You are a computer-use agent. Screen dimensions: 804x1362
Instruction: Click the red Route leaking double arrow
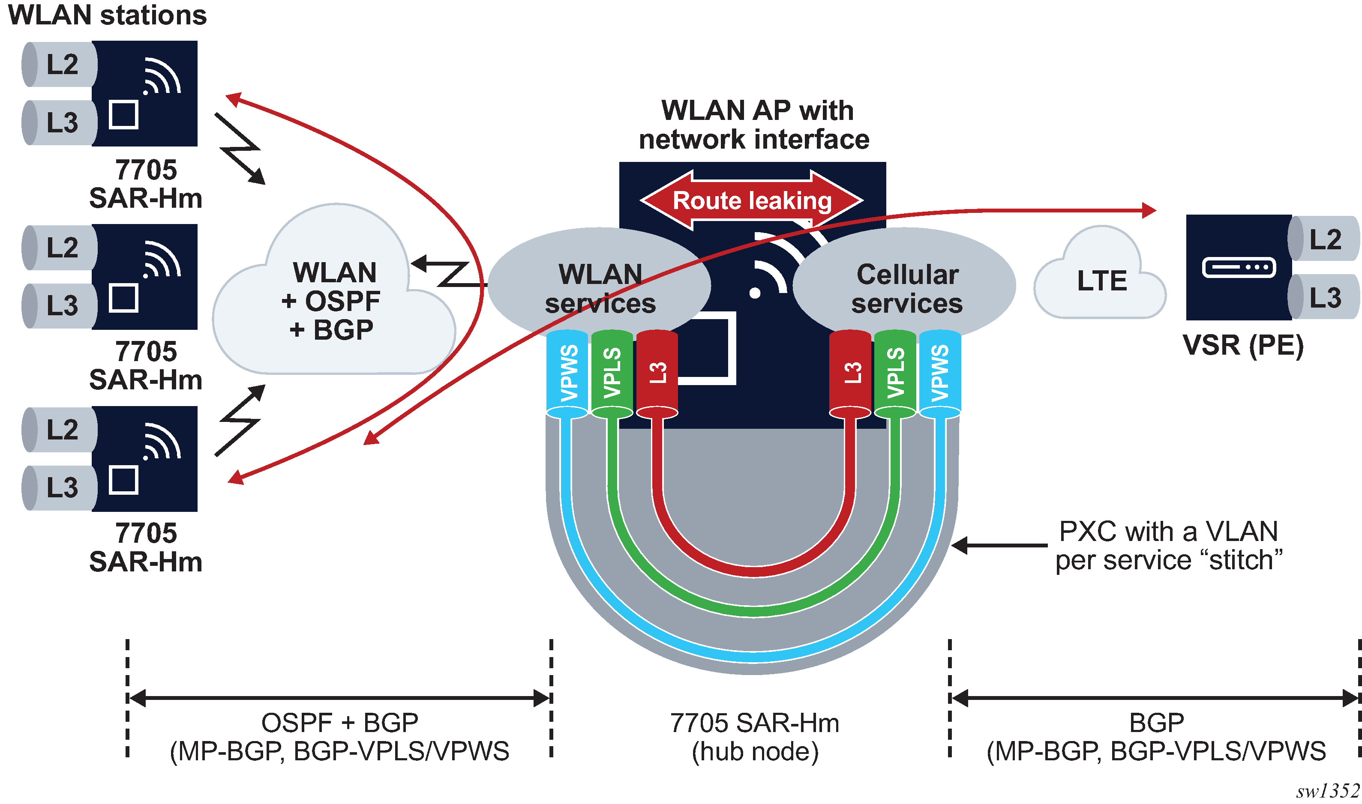(x=751, y=200)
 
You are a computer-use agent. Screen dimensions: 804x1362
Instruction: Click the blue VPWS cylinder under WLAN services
(x=567, y=374)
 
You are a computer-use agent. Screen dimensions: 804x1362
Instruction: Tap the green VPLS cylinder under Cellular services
(x=895, y=374)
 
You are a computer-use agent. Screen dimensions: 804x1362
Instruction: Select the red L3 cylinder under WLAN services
(x=657, y=374)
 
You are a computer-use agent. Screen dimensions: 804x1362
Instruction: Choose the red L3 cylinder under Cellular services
(x=850, y=374)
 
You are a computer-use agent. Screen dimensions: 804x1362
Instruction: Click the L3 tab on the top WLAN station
(x=61, y=123)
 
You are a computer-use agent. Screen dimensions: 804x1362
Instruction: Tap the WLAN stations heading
(x=107, y=15)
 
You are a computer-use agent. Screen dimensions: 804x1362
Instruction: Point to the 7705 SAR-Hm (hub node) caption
(x=754, y=737)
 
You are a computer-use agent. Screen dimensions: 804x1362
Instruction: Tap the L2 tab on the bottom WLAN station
(x=61, y=429)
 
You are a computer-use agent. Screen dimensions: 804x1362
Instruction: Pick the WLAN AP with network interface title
(x=754, y=125)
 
